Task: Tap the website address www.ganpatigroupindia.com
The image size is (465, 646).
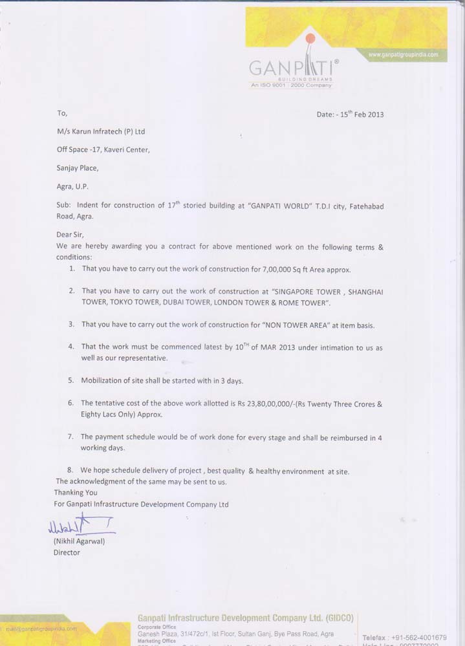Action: coord(403,55)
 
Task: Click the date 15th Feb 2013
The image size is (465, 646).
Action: coord(360,114)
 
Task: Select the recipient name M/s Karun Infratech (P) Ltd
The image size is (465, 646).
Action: coord(101,131)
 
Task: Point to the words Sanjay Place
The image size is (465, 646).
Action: coord(78,168)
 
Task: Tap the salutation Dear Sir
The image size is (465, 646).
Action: coord(70,235)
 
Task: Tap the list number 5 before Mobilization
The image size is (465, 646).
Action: coord(70,381)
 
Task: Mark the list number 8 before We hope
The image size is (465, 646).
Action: coord(70,471)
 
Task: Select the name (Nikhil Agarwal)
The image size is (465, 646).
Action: coord(79,541)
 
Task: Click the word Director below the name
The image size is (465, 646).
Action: coord(67,553)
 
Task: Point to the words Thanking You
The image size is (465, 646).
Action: coord(76,493)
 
